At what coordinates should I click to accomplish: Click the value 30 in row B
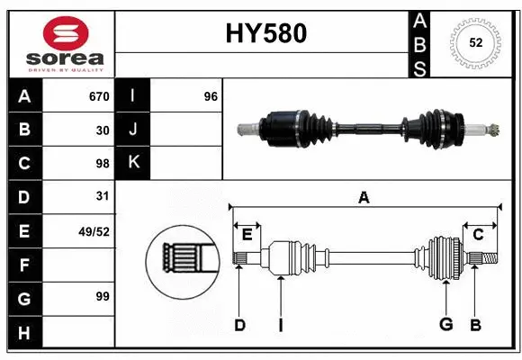(x=103, y=130)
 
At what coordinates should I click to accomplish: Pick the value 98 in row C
(x=102, y=163)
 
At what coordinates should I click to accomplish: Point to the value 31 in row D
(x=103, y=195)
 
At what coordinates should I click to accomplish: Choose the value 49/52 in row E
(x=94, y=230)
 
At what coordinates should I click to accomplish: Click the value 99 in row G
(x=102, y=296)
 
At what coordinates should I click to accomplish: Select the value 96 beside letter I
(x=211, y=96)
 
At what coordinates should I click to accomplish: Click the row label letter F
(x=24, y=265)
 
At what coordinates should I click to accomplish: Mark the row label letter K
(x=133, y=163)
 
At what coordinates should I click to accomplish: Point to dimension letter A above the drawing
(x=364, y=197)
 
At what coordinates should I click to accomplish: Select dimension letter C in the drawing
(x=478, y=234)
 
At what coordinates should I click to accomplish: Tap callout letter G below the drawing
(x=445, y=325)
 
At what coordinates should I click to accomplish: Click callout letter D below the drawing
(x=239, y=325)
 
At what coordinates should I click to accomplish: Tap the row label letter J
(x=133, y=130)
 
